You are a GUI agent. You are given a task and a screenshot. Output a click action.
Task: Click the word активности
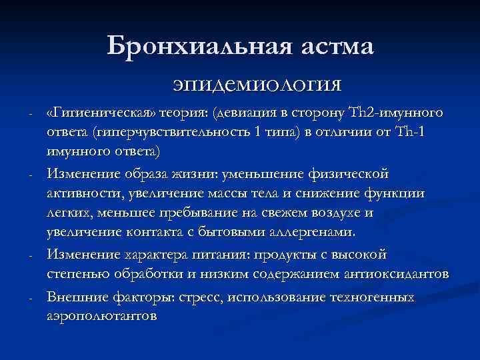(83, 193)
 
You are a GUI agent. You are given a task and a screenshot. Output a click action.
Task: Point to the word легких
(69, 213)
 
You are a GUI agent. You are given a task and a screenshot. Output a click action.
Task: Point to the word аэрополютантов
(102, 316)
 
